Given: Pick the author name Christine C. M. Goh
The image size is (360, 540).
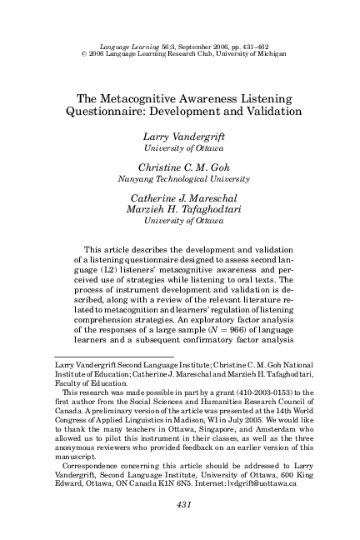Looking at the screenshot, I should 180,167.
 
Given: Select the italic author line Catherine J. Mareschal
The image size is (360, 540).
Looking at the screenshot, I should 180,197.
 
